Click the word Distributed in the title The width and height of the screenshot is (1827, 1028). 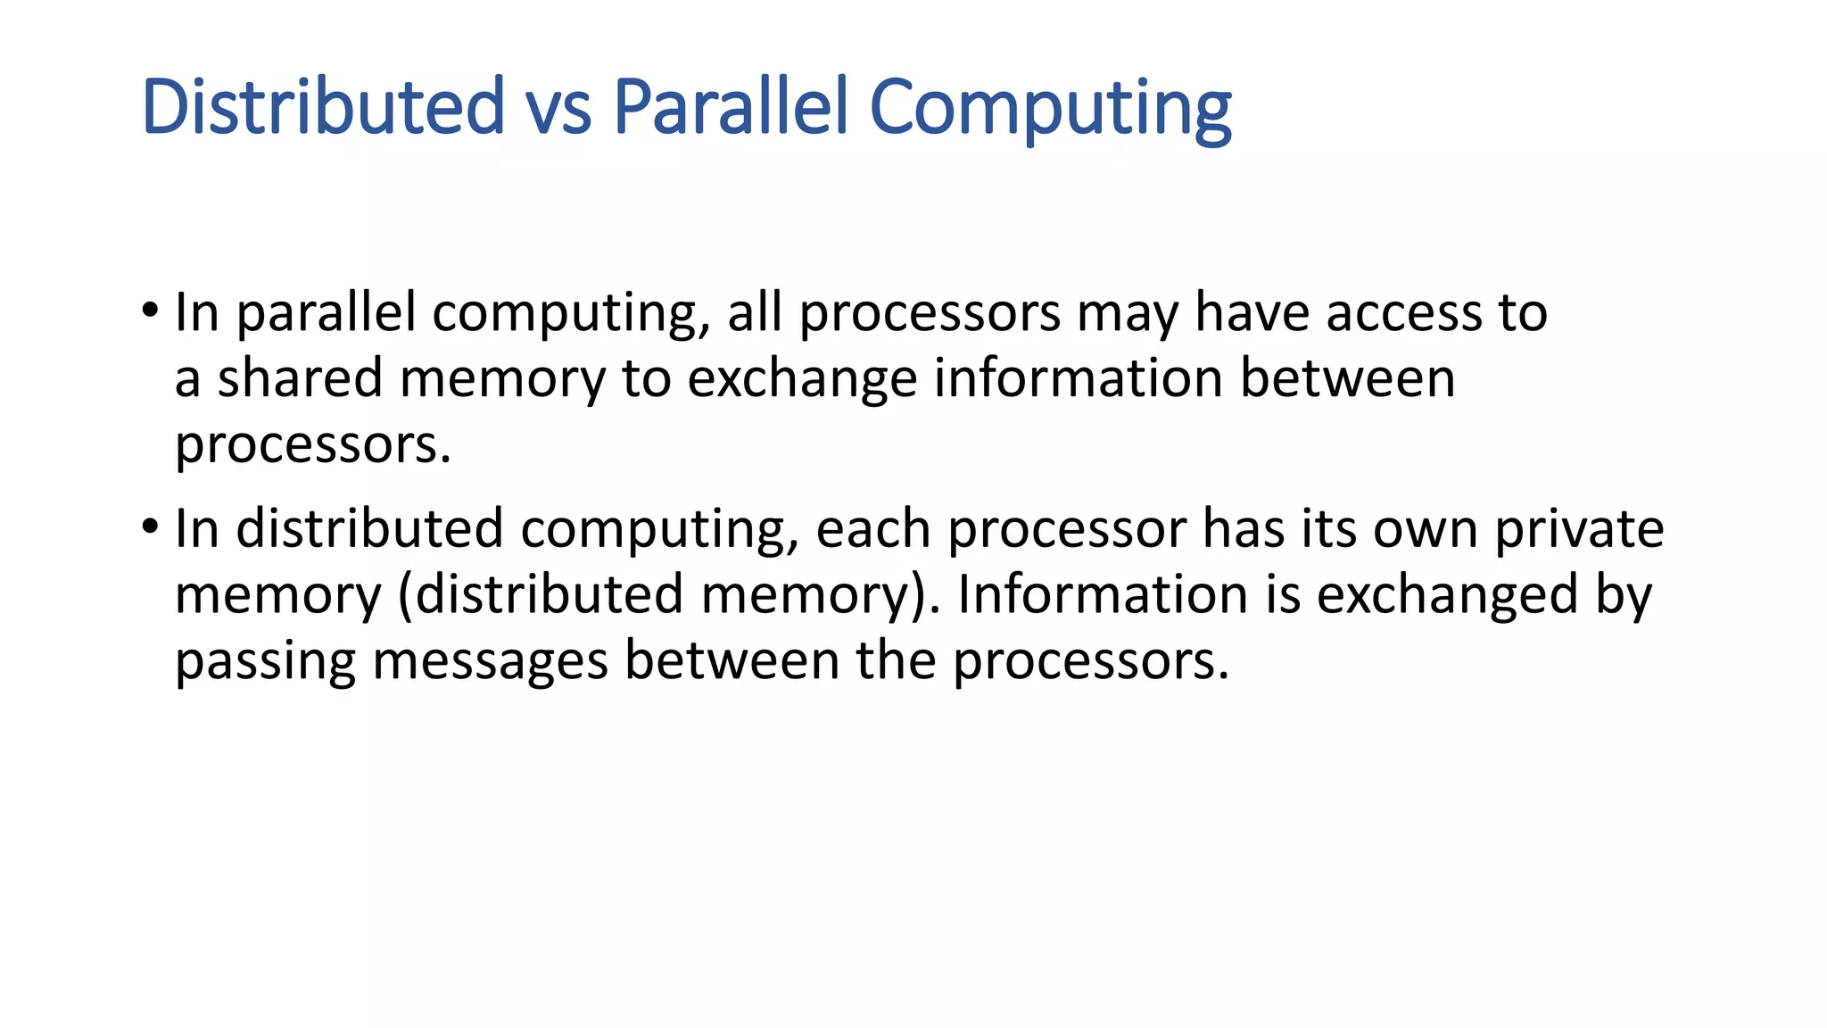point(323,106)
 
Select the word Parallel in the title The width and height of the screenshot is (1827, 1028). point(730,106)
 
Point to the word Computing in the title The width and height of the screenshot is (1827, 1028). point(1050,110)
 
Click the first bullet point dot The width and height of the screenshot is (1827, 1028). point(150,311)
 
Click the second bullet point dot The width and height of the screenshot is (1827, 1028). point(150,527)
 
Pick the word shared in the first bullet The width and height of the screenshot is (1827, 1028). point(300,377)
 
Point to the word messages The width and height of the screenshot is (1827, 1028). point(490,661)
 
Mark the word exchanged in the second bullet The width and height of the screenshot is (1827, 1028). point(1447,595)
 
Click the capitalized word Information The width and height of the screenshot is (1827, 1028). point(1103,594)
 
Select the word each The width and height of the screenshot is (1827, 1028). point(873,529)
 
